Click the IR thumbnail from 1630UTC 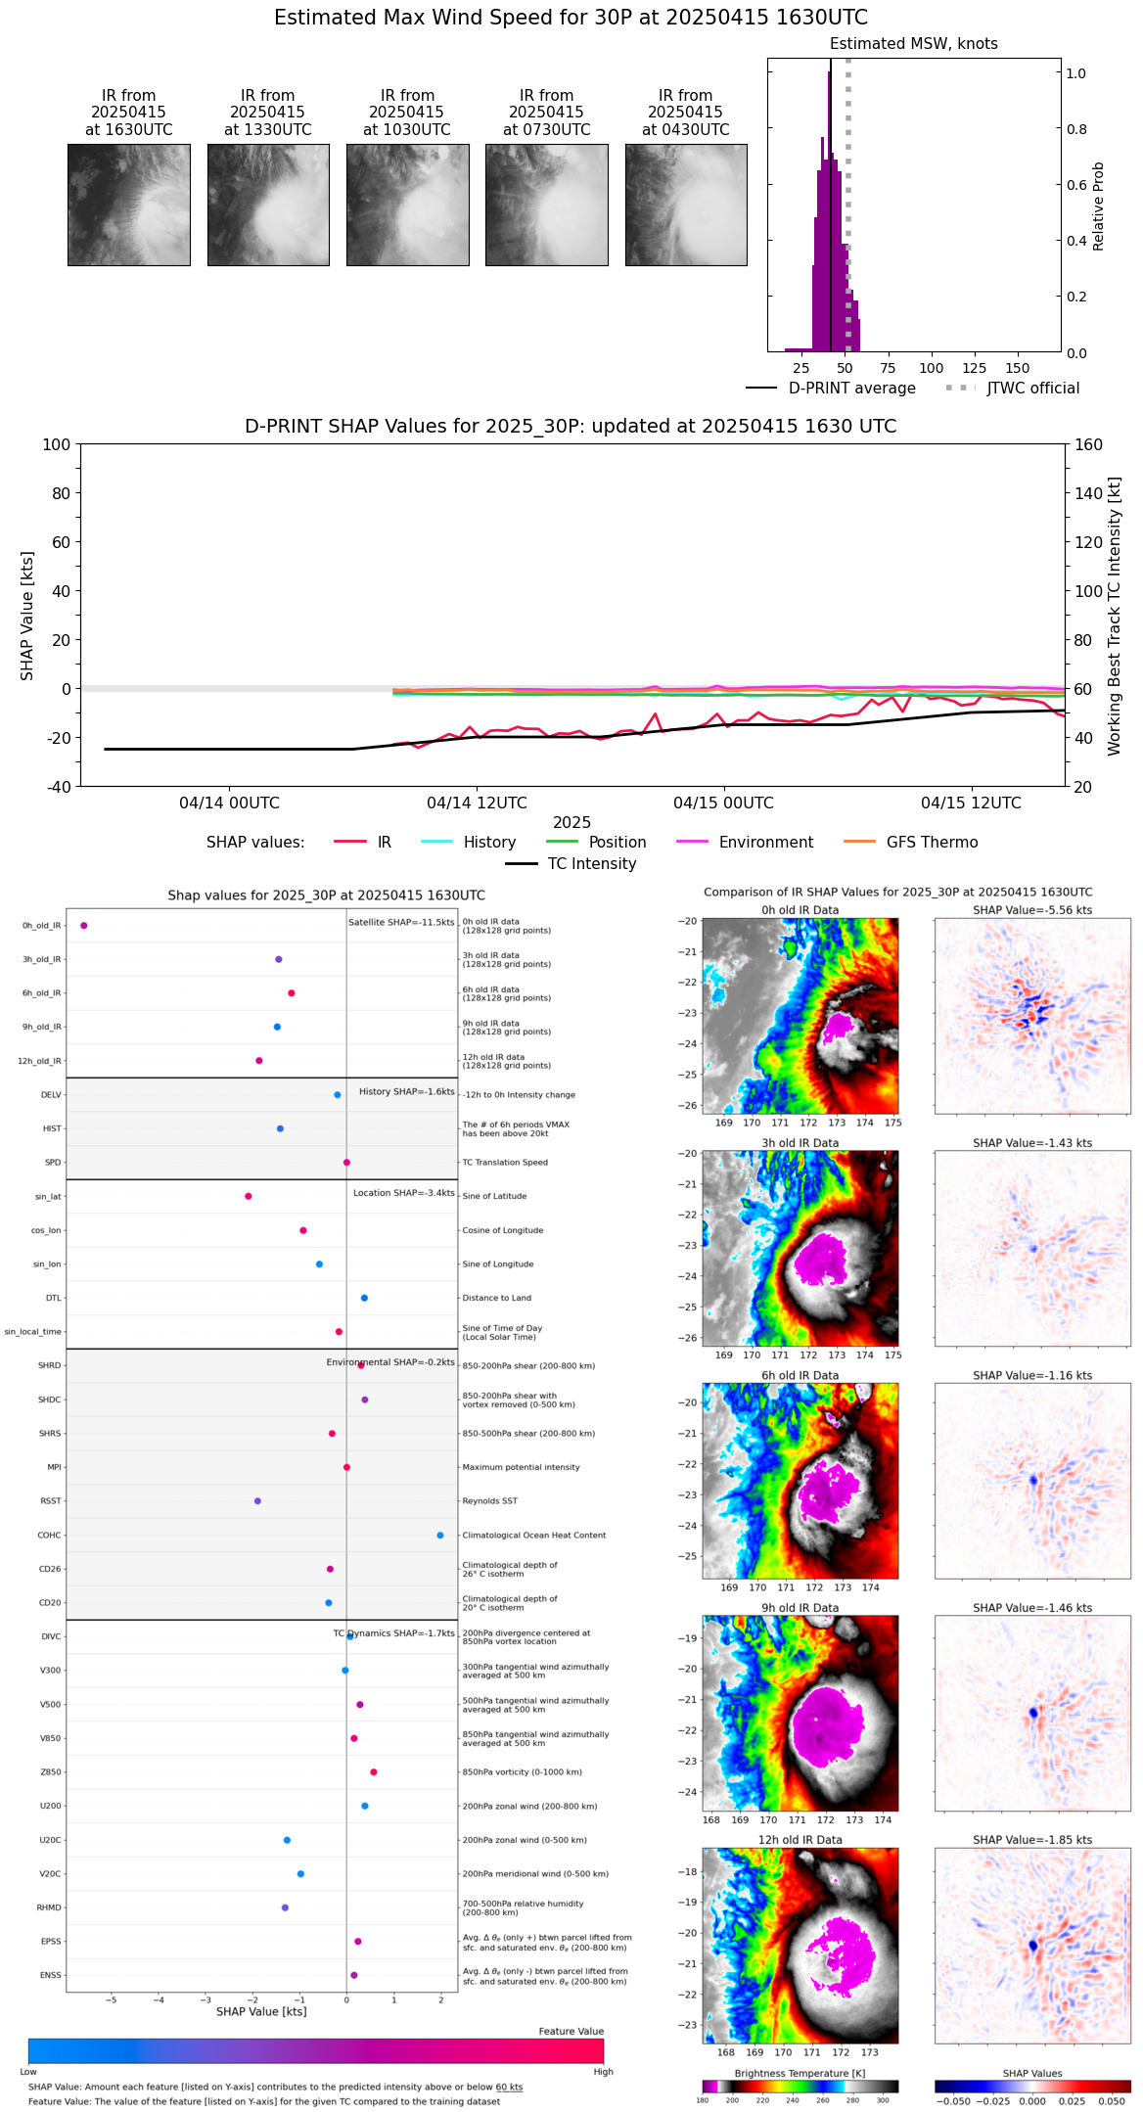(x=128, y=205)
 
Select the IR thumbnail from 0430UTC (x=686, y=205)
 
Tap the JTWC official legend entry (x=1032, y=389)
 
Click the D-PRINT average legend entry (x=851, y=389)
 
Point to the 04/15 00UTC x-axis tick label (x=723, y=803)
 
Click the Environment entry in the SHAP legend (x=765, y=843)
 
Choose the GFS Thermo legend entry (x=932, y=843)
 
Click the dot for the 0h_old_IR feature (x=84, y=925)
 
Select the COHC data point (x=440, y=1535)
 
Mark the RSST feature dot (x=257, y=1500)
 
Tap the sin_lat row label (x=48, y=1196)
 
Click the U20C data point (x=287, y=1840)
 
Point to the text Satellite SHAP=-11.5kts (x=401, y=923)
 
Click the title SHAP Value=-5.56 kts (x=1032, y=910)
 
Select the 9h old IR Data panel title (x=800, y=1608)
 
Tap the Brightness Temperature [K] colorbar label (x=800, y=2073)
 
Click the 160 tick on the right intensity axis (x=1088, y=444)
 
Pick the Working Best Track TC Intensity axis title (x=1115, y=617)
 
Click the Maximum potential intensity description (x=521, y=1467)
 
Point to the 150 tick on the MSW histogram (x=1018, y=369)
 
